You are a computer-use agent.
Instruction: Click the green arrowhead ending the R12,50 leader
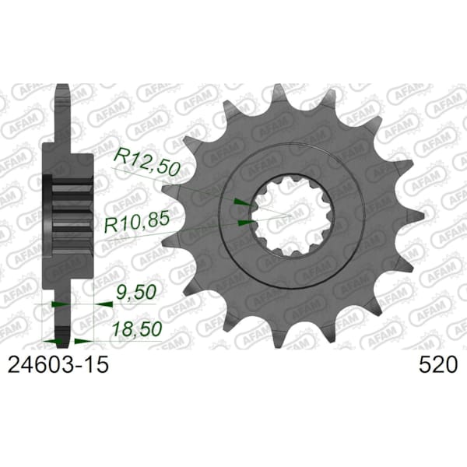coord(241,202)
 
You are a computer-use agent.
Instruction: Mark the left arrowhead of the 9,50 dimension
coord(55,305)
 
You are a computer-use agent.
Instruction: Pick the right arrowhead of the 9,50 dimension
coord(100,305)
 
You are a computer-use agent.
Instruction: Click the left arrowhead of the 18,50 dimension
coord(55,341)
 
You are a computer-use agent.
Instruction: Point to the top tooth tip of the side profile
coord(63,90)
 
